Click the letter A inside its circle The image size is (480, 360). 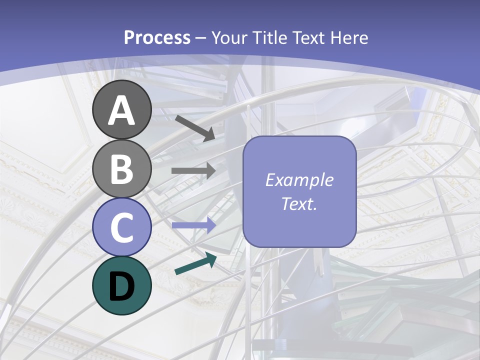coord(122,110)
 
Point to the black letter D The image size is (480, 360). coord(122,286)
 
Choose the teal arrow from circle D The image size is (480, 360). coord(195,263)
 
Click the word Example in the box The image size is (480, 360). coord(299,180)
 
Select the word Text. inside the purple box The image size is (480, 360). coord(299,203)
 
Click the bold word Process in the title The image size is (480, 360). coord(157,38)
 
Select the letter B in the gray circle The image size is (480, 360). coord(122,168)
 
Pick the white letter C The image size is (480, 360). coord(122,227)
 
